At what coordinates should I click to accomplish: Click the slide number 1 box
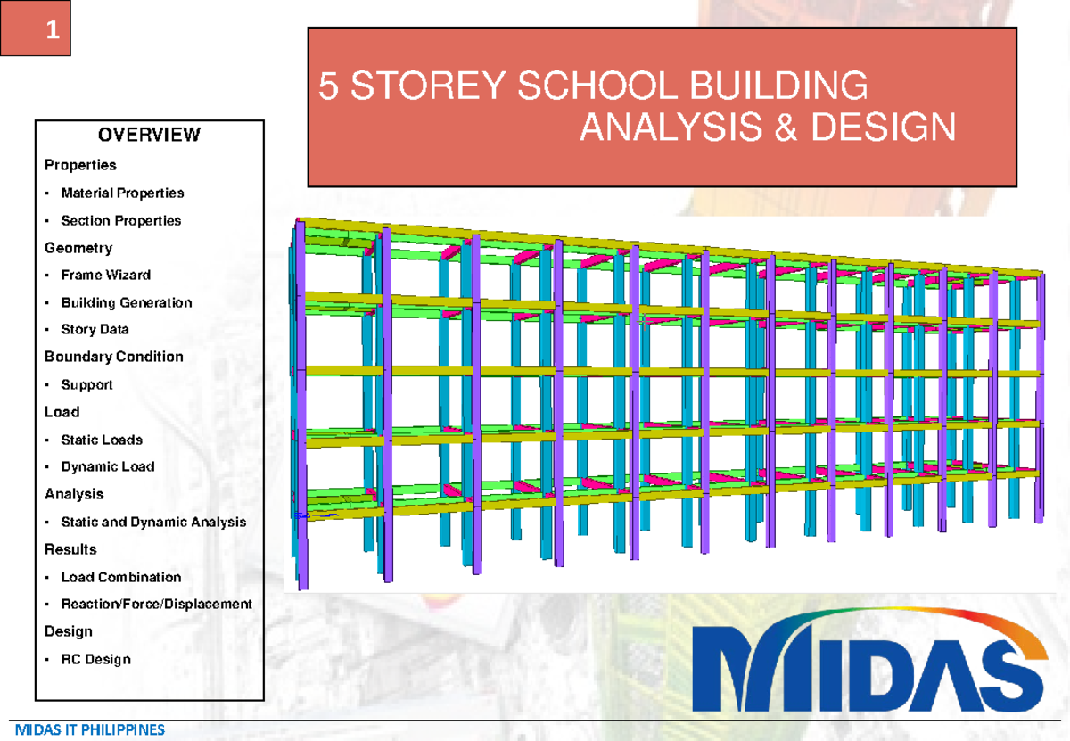tap(36, 29)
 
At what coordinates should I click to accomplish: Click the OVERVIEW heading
tap(149, 135)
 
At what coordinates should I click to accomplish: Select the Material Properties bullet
tap(122, 193)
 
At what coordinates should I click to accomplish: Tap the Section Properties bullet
tap(120, 220)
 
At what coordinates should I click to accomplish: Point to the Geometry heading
tap(78, 248)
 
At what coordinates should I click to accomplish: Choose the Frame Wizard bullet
tap(105, 275)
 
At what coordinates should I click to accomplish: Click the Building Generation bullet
tap(126, 302)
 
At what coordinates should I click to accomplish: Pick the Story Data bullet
tap(95, 330)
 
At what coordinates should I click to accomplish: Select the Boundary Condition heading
tap(114, 357)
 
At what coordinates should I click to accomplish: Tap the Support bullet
tap(86, 385)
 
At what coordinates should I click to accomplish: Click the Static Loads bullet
tap(101, 440)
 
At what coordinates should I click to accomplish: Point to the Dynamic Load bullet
tap(107, 466)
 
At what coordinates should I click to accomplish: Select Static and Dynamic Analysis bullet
tap(153, 522)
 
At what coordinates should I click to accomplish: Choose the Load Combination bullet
tap(120, 577)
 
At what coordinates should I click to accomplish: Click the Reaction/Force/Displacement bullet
tap(156, 604)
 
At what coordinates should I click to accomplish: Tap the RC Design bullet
tap(95, 660)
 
